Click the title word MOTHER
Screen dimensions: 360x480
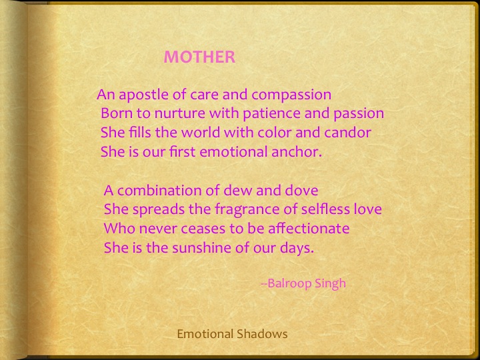coord(199,57)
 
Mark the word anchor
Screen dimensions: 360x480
coord(299,151)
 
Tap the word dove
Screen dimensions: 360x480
coord(294,191)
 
